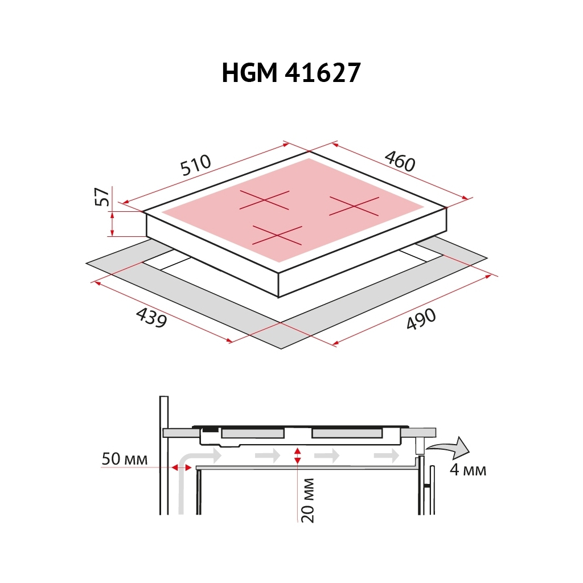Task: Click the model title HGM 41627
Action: [x=291, y=73]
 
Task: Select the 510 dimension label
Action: [x=195, y=165]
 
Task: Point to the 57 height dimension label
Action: [x=102, y=197]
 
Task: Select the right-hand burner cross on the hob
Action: [x=354, y=206]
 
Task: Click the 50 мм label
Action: [x=125, y=459]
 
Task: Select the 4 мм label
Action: [x=467, y=470]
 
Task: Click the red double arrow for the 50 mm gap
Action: [x=181, y=467]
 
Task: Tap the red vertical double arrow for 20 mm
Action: [x=297, y=455]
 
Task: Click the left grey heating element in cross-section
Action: [x=252, y=434]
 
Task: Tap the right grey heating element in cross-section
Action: [x=347, y=434]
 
